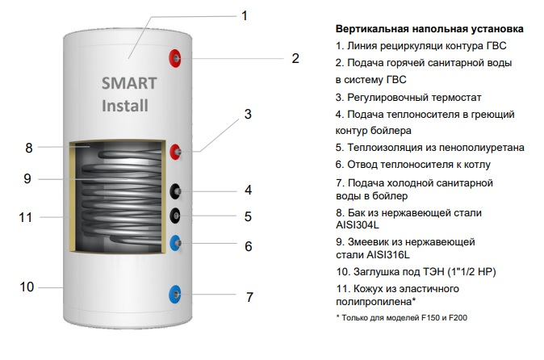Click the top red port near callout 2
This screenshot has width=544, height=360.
(175, 57)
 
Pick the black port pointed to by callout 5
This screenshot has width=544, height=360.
(176, 216)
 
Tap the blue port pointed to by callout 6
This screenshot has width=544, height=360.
(176, 241)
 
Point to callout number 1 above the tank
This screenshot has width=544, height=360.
(245, 15)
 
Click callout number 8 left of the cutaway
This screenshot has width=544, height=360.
(28, 148)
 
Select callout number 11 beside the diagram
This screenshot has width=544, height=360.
(26, 217)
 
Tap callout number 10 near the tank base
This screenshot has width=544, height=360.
(27, 287)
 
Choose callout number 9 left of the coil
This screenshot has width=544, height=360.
(27, 179)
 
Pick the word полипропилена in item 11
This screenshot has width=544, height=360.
(373, 302)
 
